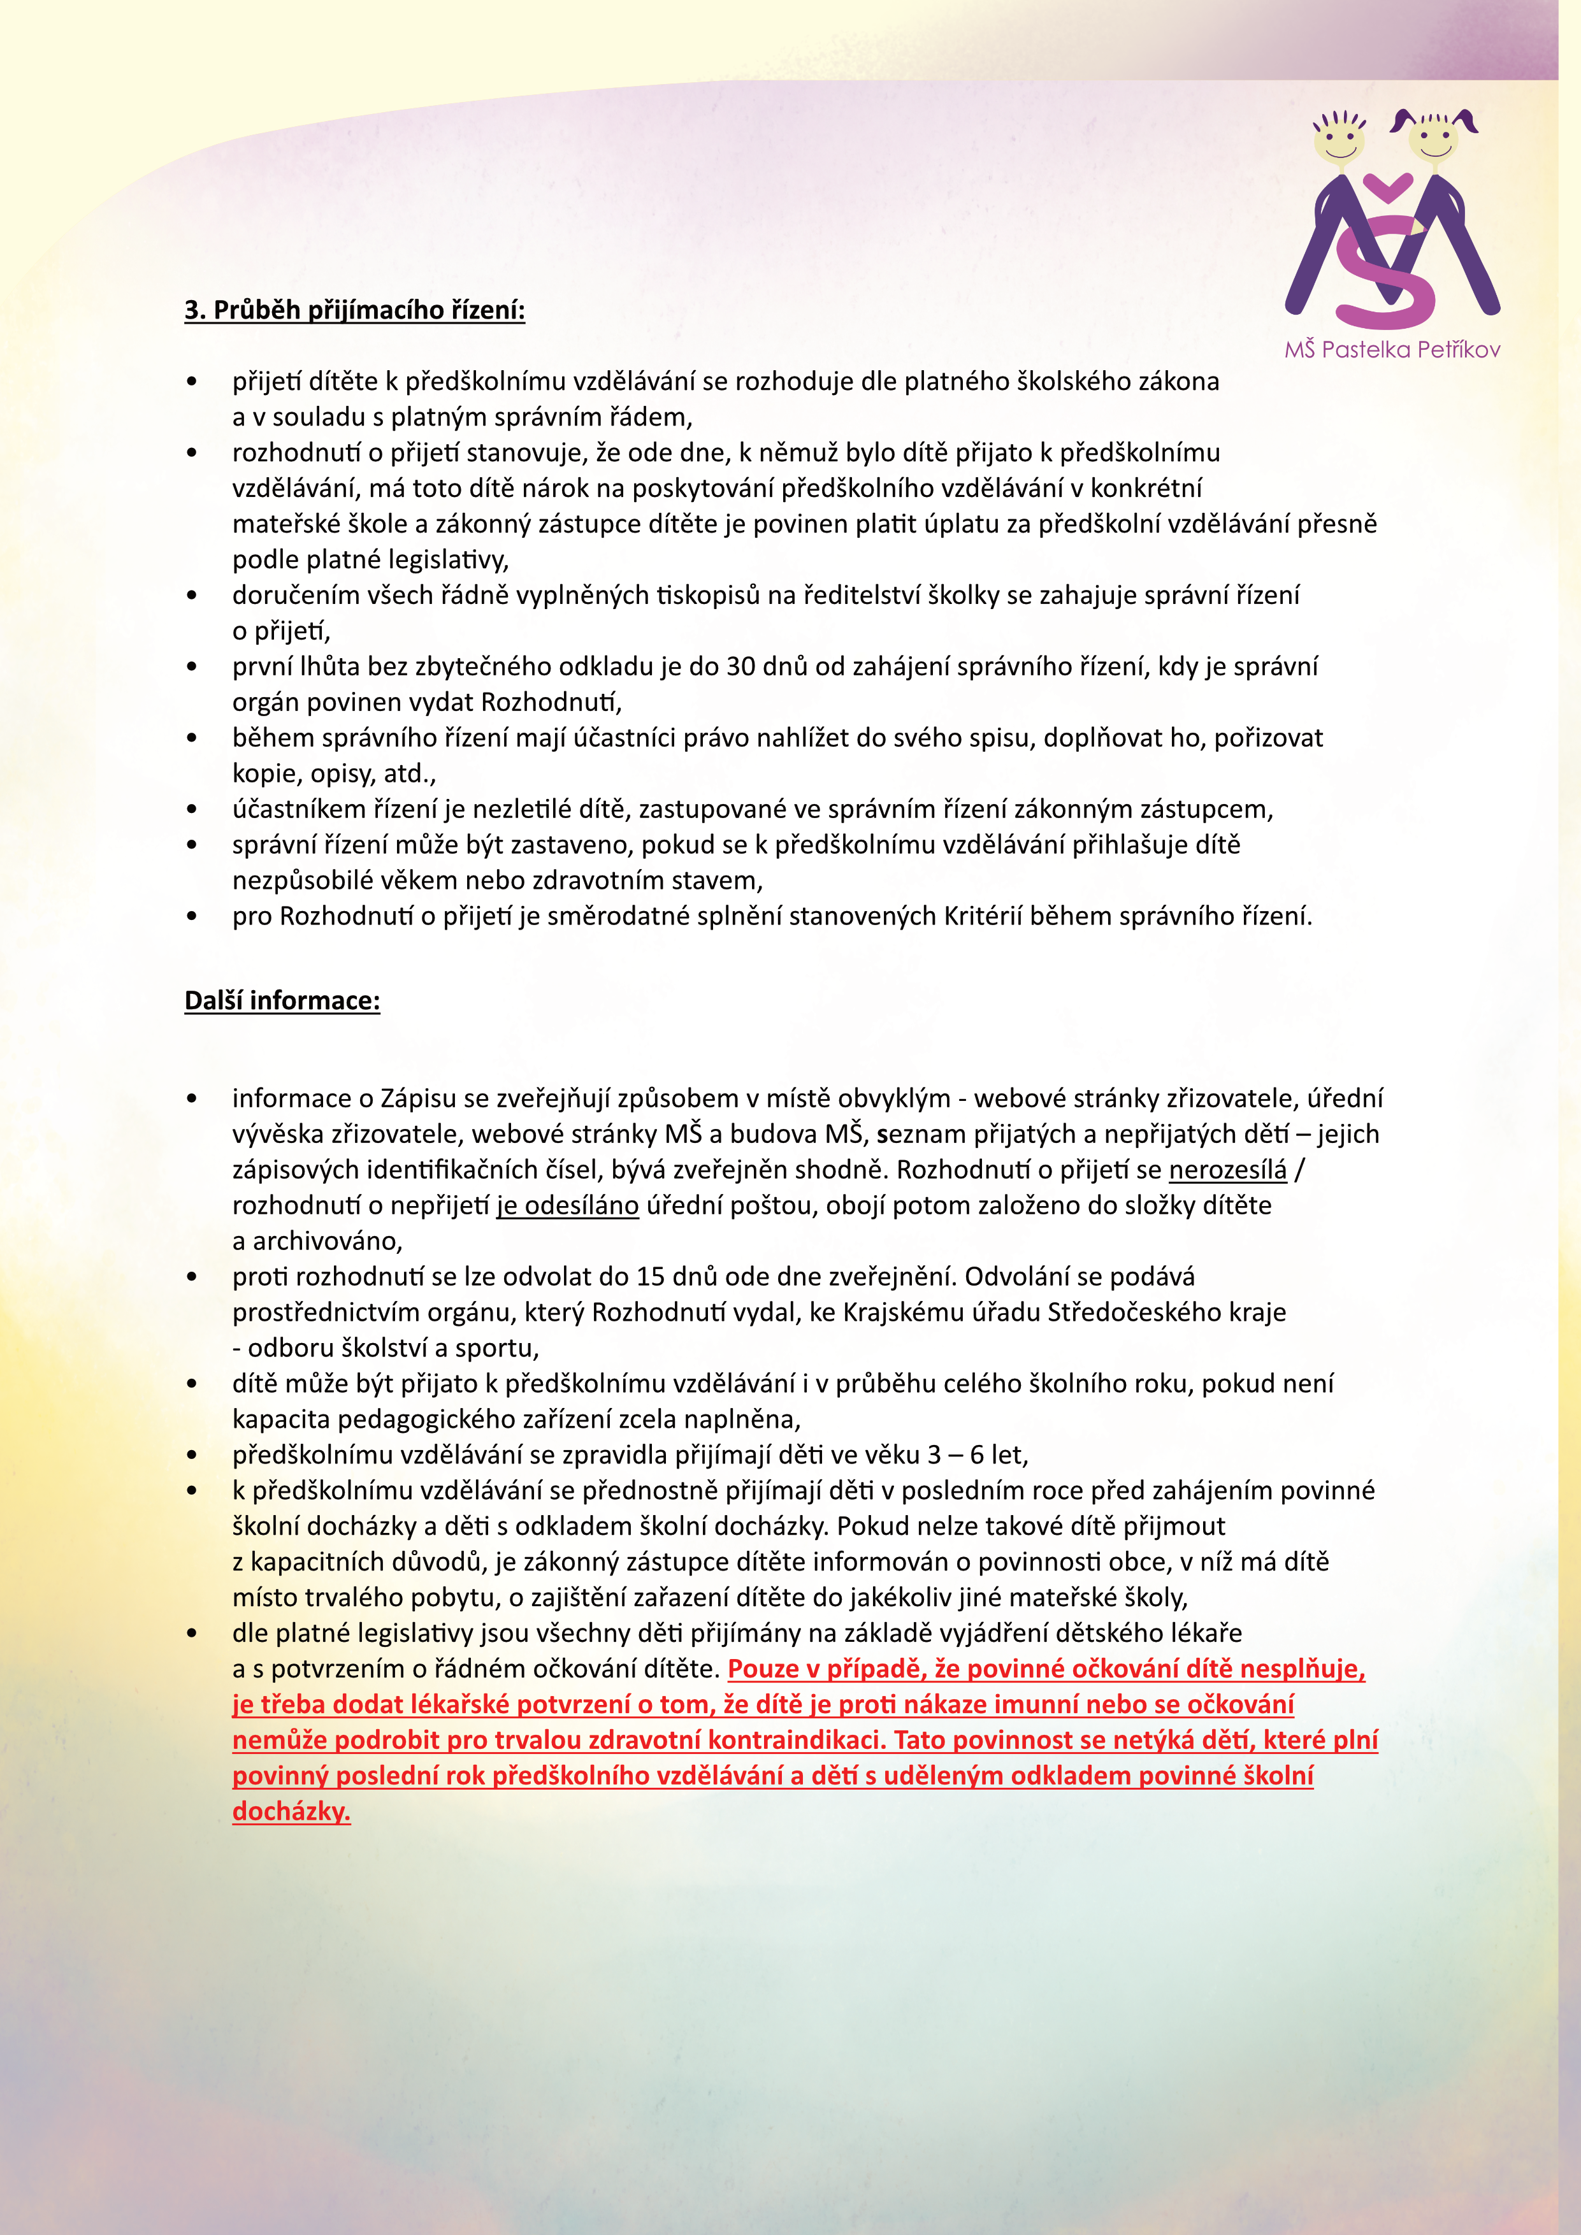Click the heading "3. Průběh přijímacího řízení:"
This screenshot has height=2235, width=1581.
pyautogui.click(x=354, y=310)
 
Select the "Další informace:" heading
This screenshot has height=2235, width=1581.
pyautogui.click(x=282, y=1001)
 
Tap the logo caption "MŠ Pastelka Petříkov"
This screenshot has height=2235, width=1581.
pyautogui.click(x=1392, y=350)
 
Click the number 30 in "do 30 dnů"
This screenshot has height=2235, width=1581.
pyautogui.click(x=742, y=667)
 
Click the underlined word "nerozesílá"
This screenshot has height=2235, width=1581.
pyautogui.click(x=1227, y=1169)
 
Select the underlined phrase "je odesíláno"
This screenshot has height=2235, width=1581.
pyautogui.click(x=568, y=1205)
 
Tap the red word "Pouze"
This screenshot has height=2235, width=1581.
pyautogui.click(x=764, y=1669)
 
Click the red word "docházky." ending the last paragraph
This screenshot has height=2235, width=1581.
pyautogui.click(x=291, y=1811)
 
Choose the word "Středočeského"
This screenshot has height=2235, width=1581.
pyautogui.click(x=1131, y=1312)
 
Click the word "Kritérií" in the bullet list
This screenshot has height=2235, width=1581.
pyautogui.click(x=983, y=916)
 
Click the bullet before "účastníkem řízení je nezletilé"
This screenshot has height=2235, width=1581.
pyautogui.click(x=192, y=810)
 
